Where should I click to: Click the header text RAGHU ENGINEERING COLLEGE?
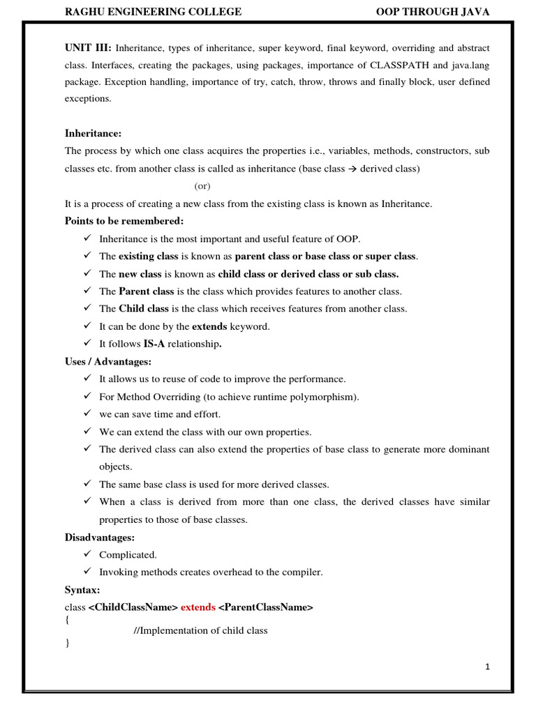153,12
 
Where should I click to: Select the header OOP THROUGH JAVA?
433,12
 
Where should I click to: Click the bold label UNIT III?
88,48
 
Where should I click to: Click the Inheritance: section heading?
93,133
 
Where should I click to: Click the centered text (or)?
202,186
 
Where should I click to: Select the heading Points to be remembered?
124,221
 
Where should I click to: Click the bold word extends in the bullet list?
209,326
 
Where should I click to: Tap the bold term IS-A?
154,344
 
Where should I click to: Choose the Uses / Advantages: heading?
108,362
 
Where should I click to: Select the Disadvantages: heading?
100,538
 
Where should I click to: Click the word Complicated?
128,555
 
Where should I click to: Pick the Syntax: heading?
82,590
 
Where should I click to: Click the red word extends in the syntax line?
198,607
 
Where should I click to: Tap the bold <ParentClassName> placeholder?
266,607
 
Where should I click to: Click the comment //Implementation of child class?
200,630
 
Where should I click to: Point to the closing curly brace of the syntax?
68,643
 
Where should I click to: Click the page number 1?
488,667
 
